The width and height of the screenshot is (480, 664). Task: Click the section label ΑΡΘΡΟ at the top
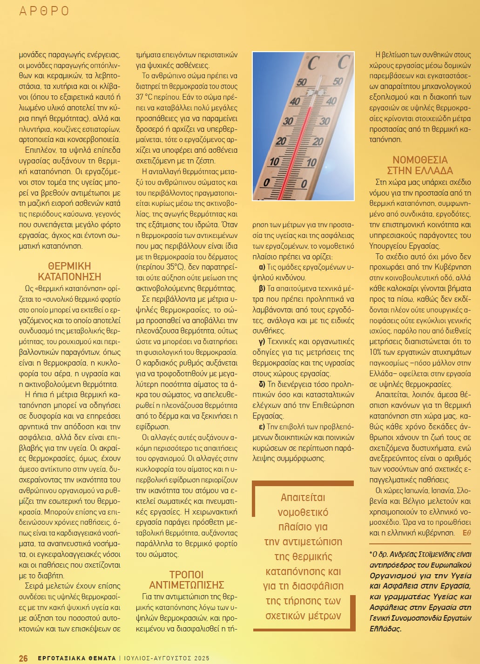pos(44,11)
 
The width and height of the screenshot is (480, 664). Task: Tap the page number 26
pos(23,658)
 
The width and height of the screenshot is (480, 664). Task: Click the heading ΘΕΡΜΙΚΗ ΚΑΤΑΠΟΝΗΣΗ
pos(69,271)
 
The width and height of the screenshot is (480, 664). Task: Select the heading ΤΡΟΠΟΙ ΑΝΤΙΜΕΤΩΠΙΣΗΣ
pos(186,580)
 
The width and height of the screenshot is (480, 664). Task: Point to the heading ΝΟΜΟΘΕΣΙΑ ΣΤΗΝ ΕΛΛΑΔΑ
pos(420,165)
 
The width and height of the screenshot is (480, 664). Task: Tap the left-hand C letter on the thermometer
pos(313,63)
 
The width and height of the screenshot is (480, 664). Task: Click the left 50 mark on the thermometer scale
pos(302,82)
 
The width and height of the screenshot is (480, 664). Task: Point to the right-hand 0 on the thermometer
pos(304,184)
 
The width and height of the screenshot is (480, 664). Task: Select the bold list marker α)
pos(262,267)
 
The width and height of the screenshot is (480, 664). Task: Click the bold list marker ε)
pos(262,427)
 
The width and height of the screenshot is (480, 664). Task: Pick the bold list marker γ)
pos(262,342)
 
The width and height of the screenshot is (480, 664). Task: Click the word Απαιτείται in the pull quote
pos(303,497)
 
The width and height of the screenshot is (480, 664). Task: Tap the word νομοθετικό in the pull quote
pos(303,512)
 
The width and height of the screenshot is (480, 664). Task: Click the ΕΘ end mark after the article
pos(466,533)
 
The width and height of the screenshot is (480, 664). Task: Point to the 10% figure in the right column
pos(375,341)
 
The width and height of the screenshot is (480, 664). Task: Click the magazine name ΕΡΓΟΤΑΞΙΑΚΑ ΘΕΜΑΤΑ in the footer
pos(76,658)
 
